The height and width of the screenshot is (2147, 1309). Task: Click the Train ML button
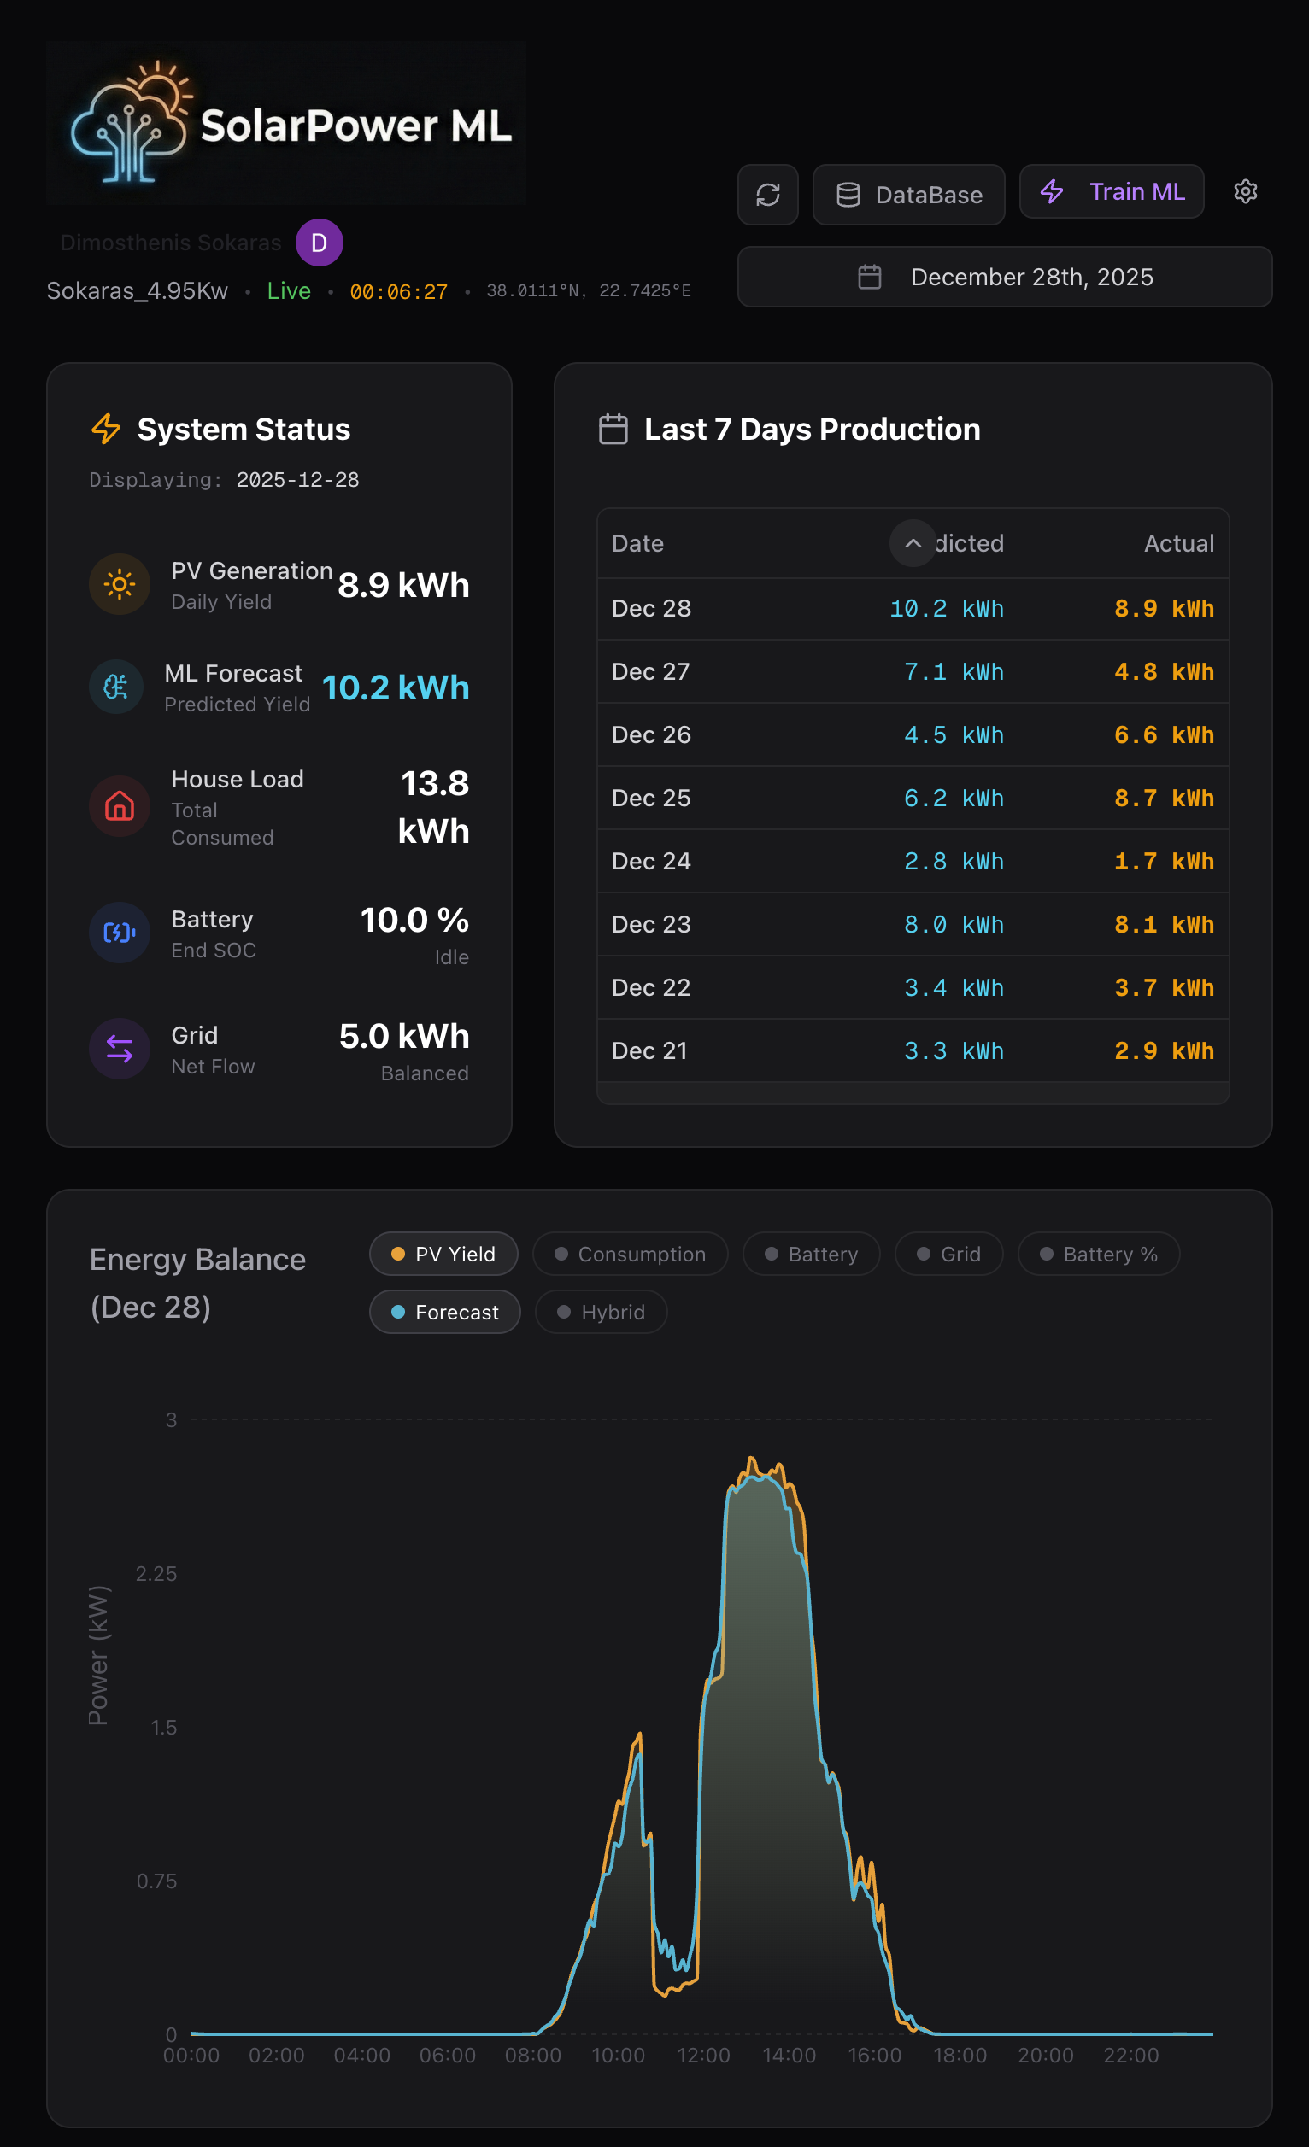click(x=1111, y=191)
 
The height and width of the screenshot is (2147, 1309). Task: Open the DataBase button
click(x=908, y=196)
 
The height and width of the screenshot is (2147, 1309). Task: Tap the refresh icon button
click(x=768, y=196)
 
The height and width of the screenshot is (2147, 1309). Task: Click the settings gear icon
click(x=1246, y=191)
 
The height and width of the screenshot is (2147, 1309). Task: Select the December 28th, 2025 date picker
click(x=1004, y=277)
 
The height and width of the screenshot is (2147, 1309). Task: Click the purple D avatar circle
click(x=319, y=243)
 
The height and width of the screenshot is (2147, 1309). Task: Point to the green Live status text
click(x=289, y=291)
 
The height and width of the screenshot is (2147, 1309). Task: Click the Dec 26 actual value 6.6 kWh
click(x=1164, y=735)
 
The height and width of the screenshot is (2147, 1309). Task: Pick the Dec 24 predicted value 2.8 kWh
click(x=954, y=862)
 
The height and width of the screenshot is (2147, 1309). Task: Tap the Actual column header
click(x=1178, y=544)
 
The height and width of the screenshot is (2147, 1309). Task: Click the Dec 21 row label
click(x=649, y=1050)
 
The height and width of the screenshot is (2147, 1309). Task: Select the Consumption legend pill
click(x=630, y=1255)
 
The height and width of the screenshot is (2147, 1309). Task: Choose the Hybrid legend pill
click(x=602, y=1313)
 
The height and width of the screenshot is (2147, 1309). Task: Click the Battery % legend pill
click(x=1098, y=1255)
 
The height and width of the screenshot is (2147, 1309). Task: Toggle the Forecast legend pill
click(x=445, y=1313)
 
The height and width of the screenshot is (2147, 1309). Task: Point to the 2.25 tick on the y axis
click(x=157, y=1574)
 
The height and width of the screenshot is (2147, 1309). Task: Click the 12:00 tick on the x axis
click(x=703, y=2056)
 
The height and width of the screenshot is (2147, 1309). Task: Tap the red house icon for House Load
click(x=120, y=806)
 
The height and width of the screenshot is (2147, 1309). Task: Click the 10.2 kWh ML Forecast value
click(x=396, y=688)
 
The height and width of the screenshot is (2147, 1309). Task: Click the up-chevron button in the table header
click(x=913, y=544)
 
